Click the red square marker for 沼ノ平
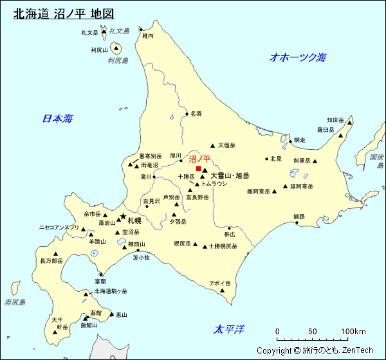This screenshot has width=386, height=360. (198, 168)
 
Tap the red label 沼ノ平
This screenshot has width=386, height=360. (199, 159)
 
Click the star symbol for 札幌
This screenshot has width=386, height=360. (122, 217)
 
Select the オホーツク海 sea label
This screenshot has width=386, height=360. (298, 57)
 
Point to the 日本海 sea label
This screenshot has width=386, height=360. (57, 118)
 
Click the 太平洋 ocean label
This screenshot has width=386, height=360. (229, 330)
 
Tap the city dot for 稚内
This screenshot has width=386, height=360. (143, 28)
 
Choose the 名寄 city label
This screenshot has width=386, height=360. (196, 114)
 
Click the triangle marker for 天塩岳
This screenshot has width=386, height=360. (212, 145)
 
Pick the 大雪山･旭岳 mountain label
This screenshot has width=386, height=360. (230, 175)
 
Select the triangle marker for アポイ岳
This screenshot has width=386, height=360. (223, 291)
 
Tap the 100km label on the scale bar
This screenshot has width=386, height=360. (353, 332)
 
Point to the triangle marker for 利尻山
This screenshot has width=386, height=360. (116, 47)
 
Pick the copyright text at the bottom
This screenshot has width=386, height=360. (315, 350)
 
